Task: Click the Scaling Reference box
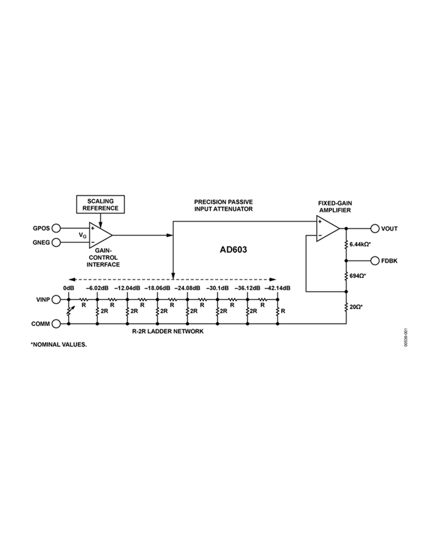[100, 204]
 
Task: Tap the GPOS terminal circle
[56, 228]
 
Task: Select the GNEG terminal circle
[56, 242]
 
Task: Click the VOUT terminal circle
[375, 228]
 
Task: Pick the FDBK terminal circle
[375, 261]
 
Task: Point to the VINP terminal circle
[56, 299]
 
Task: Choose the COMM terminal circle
[56, 324]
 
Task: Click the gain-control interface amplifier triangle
[99, 235]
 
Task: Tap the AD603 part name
[233, 250]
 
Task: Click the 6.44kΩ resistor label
[359, 244]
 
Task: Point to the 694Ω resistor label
[358, 276]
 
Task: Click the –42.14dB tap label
[277, 288]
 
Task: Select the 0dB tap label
[69, 288]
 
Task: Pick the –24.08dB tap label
[187, 288]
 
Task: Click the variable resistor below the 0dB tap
[69, 311]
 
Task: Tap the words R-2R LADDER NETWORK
[168, 331]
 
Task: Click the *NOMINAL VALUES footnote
[59, 344]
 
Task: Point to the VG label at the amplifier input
[83, 236]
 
